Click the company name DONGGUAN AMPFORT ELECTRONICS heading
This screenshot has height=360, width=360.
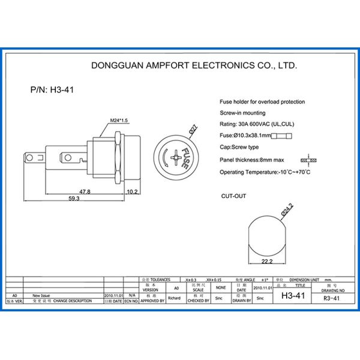tap(193, 65)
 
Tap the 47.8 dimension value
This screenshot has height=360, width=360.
tap(85, 192)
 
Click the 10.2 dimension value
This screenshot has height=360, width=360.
tap(133, 192)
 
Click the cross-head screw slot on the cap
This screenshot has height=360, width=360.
tap(175, 157)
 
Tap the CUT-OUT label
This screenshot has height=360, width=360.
tap(233, 196)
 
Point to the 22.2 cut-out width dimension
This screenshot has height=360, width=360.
tap(267, 262)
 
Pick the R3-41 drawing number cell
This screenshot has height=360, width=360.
tap(331, 298)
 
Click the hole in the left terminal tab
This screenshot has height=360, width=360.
tap(29, 158)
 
